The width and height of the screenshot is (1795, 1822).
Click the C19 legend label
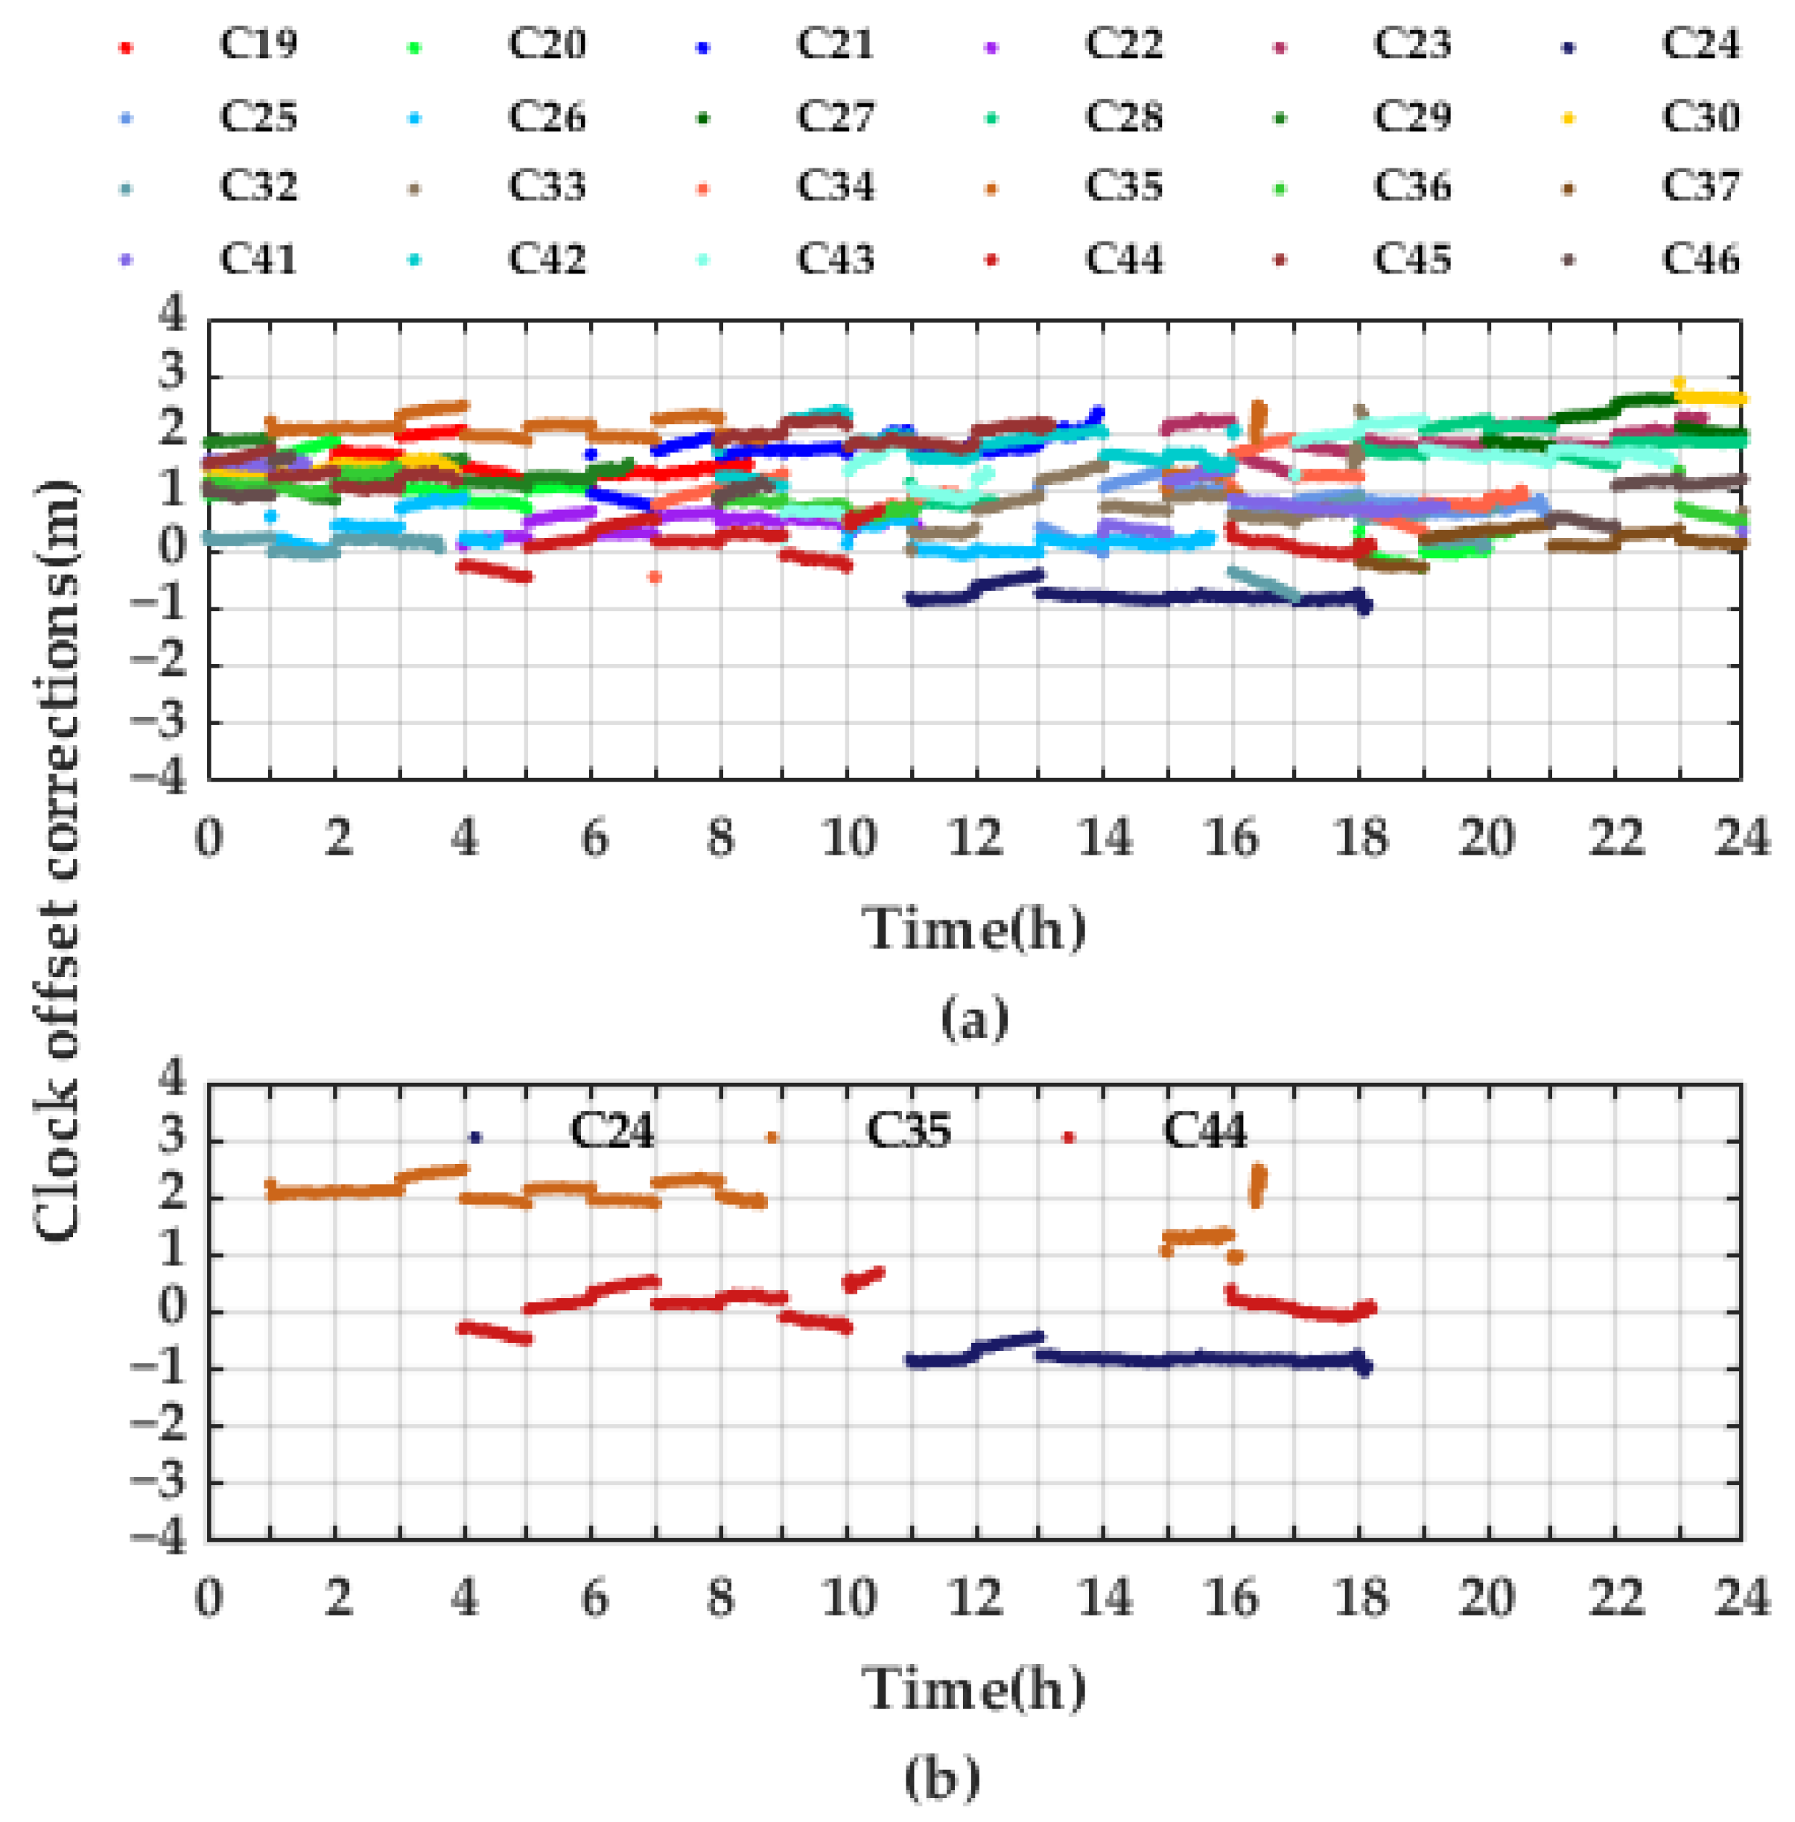(258, 43)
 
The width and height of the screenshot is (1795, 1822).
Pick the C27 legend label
(835, 116)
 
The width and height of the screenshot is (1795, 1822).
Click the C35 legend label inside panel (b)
(908, 1130)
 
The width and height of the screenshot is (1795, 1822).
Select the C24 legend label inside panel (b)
(611, 1130)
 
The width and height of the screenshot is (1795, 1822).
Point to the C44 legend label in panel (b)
(1204, 1130)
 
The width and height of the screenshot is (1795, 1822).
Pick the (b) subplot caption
(941, 1778)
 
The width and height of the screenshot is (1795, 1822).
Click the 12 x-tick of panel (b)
(975, 1598)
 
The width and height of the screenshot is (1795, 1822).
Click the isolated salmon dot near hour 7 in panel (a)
(654, 576)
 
